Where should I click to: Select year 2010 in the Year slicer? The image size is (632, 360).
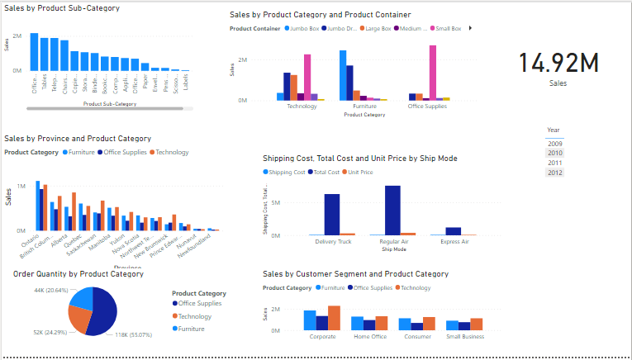tap(554, 153)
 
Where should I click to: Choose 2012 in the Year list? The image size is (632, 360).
tap(554, 173)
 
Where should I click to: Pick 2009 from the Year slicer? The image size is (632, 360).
tap(554, 144)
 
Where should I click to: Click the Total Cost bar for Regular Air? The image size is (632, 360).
tap(392, 211)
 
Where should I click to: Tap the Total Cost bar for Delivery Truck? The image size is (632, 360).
tap(332, 215)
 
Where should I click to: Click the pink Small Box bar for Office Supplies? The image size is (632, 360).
tap(433, 73)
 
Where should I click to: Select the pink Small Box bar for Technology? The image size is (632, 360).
tap(307, 78)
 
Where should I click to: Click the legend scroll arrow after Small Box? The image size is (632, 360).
tap(470, 28)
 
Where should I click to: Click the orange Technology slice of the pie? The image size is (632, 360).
tap(80, 317)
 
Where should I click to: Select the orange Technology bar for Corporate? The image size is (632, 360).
tap(334, 319)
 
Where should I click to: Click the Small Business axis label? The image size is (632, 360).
tap(464, 337)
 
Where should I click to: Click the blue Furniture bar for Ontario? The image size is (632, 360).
tap(37, 205)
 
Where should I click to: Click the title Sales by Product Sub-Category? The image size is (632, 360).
tap(62, 8)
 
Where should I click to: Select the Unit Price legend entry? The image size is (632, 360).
tap(359, 172)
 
